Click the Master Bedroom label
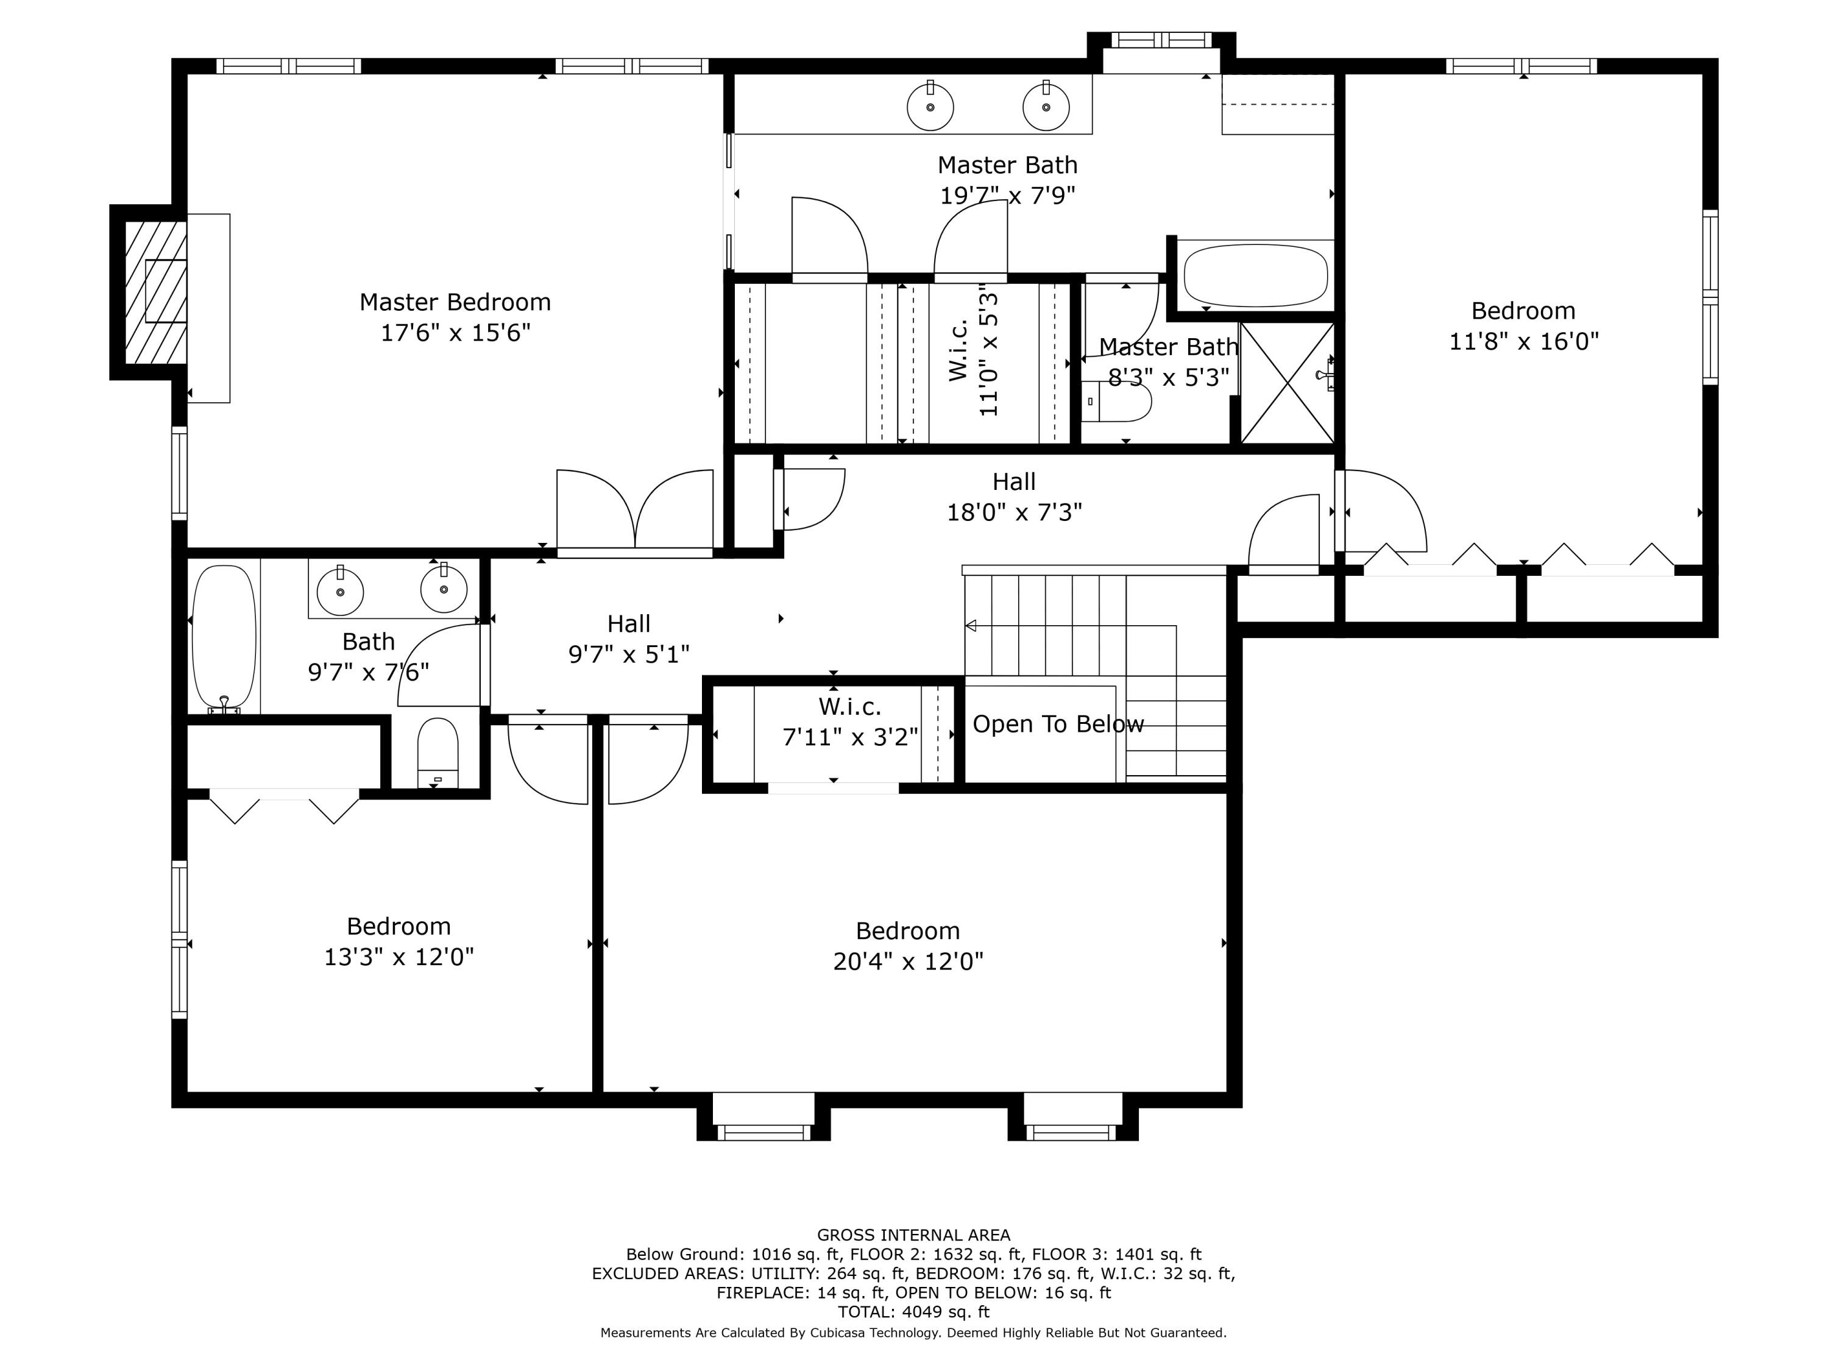[x=455, y=302]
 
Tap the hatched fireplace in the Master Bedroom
[x=155, y=292]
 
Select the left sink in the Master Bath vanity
[x=930, y=107]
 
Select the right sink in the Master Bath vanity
[x=1046, y=107]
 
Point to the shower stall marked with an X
[x=1287, y=383]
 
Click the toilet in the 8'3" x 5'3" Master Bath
[x=1116, y=402]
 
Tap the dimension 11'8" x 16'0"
[x=1523, y=341]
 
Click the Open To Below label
[x=1057, y=724]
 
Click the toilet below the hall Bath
[x=438, y=752]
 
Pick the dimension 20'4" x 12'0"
[x=907, y=961]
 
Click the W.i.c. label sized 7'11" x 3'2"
[x=849, y=707]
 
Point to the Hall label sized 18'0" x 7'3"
[x=1013, y=482]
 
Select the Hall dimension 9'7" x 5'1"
[x=628, y=654]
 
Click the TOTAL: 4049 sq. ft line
[x=913, y=1311]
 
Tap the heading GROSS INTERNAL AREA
[x=913, y=1235]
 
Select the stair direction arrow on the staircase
[x=972, y=626]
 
